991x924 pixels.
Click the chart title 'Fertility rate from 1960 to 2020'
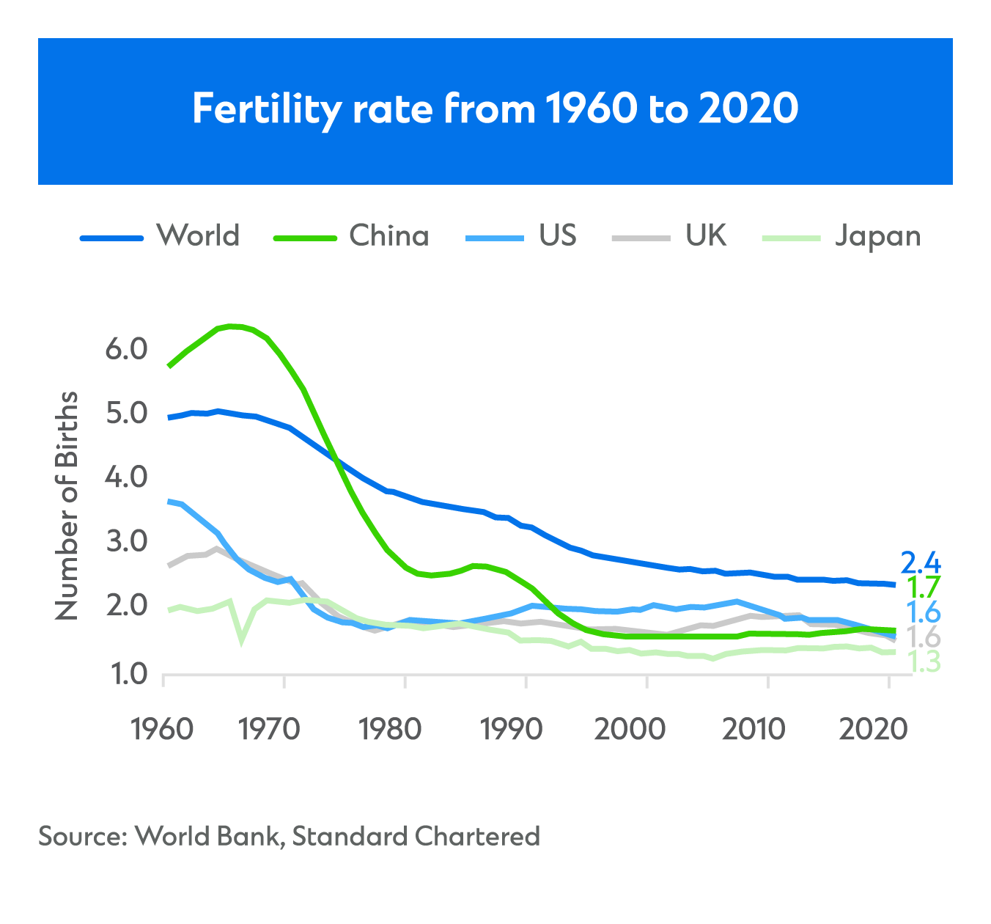point(495,109)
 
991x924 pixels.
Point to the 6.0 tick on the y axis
point(128,349)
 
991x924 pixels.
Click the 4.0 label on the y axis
point(128,478)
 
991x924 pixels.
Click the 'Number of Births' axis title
point(67,506)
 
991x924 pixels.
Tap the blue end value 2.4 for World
point(920,563)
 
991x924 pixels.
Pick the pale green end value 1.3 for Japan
point(924,662)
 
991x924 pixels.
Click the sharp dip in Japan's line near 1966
point(241,640)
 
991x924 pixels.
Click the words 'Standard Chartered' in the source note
point(416,836)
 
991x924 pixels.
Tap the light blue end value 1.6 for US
point(923,612)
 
